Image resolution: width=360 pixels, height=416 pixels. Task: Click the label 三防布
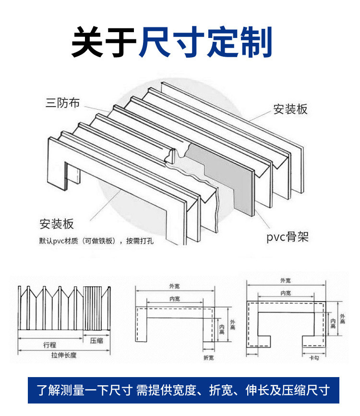62,102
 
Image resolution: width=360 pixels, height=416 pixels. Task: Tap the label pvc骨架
287,237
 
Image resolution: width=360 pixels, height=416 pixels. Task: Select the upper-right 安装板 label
290,109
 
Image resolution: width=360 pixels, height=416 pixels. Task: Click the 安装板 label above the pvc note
57,224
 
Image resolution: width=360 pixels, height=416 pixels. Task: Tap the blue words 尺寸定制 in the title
206,42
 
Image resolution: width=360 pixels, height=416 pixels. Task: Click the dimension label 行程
49,344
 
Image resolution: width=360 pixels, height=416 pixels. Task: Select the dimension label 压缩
97,341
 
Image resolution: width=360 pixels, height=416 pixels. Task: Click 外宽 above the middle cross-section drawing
175,287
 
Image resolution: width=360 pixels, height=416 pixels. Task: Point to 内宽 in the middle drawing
175,299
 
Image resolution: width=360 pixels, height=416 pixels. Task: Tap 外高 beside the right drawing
342,319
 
